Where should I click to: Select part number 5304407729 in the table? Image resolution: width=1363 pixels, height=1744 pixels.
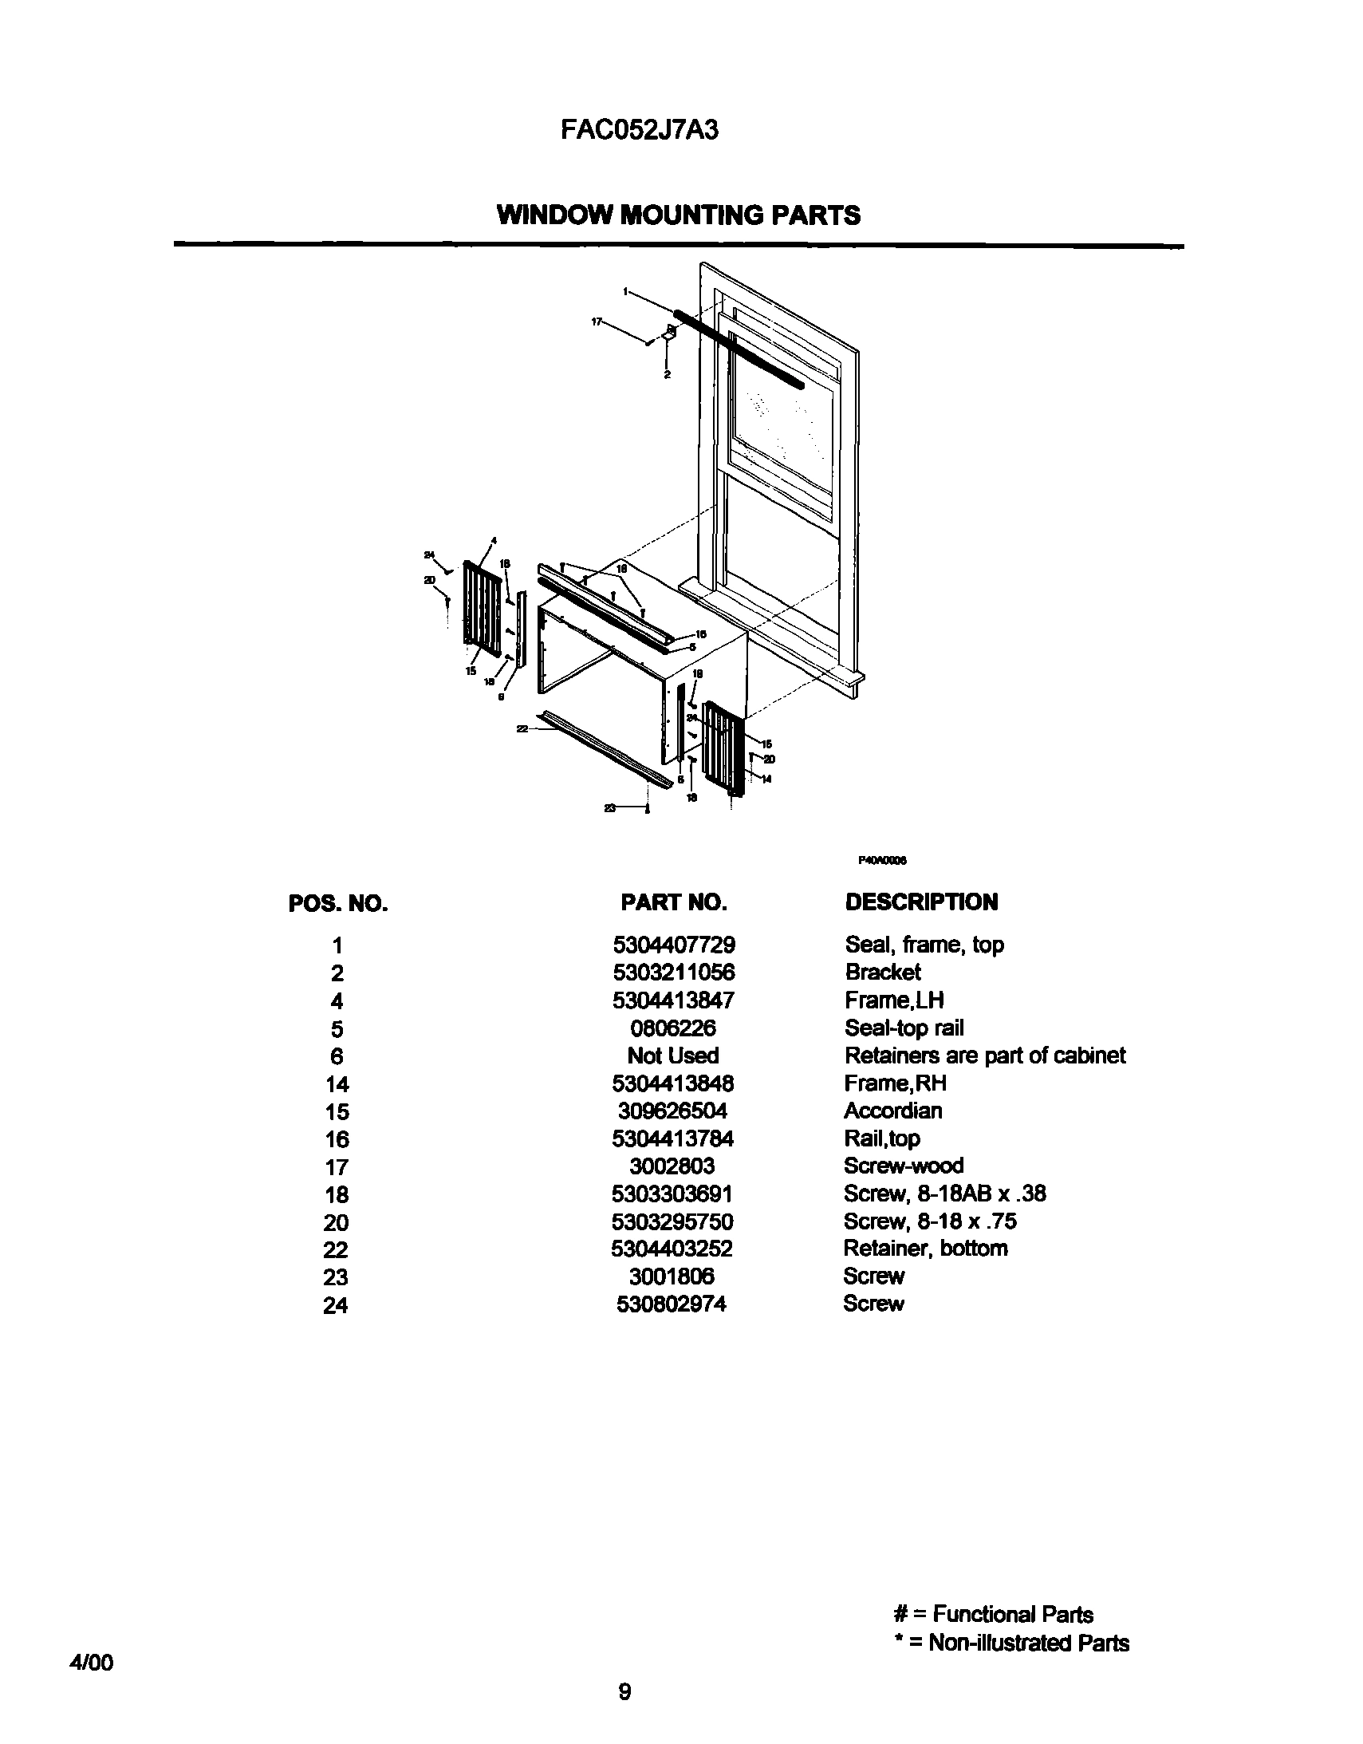pos(673,945)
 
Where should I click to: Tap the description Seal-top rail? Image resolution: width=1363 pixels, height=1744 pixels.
pos(904,1028)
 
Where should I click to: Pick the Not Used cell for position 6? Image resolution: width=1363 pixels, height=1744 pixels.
pos(672,1055)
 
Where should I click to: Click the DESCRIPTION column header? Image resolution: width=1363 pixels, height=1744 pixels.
pos(920,902)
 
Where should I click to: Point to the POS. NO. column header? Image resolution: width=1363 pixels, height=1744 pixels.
pos(337,904)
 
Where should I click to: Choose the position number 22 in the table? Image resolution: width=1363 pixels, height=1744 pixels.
pos(336,1249)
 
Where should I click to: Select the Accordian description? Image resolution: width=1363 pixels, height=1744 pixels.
pos(892,1111)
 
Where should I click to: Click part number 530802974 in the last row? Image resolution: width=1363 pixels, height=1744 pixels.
pos(672,1304)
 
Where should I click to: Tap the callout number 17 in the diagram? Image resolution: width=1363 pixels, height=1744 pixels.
pos(597,321)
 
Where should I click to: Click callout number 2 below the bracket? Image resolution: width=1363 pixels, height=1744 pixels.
pos(667,374)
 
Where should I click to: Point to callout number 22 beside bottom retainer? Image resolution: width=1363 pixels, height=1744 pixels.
pos(523,728)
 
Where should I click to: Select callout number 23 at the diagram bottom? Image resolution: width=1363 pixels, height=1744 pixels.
pos(610,809)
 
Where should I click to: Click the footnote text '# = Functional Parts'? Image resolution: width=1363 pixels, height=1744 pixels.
pos(993,1615)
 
